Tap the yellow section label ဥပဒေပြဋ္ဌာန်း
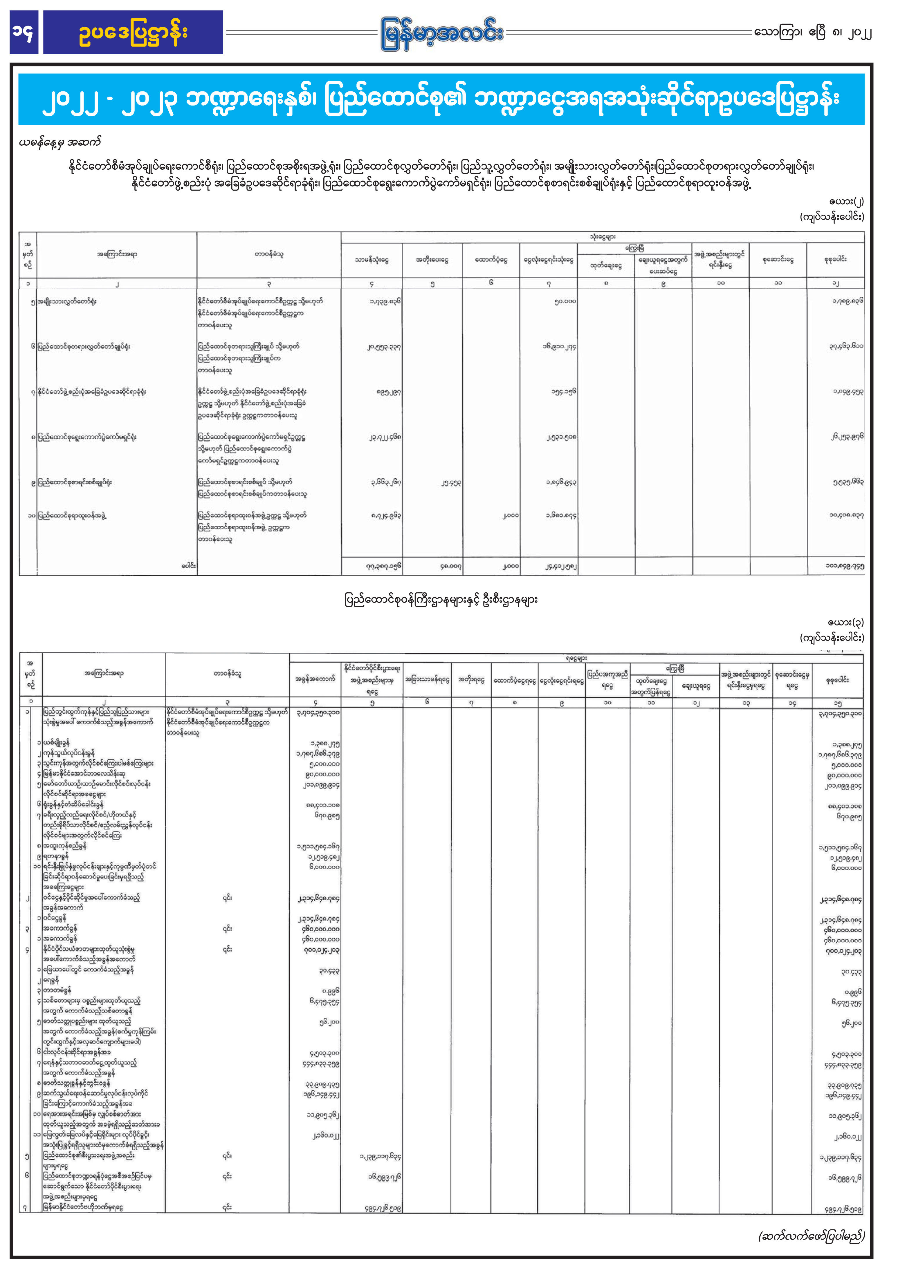(x=133, y=32)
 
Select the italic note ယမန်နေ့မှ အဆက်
(x=60, y=142)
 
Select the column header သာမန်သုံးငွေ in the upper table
(x=372, y=260)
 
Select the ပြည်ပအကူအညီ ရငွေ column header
(x=607, y=680)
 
